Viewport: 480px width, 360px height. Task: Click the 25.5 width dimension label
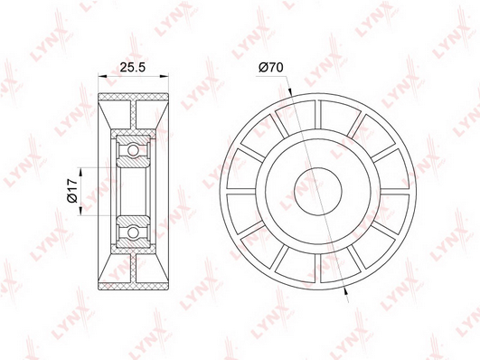pos(132,67)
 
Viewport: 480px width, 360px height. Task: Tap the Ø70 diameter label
pos(271,67)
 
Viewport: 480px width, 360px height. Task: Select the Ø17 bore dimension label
pos(72,191)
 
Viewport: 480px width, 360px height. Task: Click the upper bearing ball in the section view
pos(133,150)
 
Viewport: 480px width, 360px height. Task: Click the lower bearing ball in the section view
pos(133,232)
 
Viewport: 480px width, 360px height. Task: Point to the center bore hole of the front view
pos(318,191)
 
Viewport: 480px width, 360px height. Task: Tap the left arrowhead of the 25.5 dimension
pos(102,76)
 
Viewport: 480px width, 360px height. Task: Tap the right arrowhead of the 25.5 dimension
pos(165,76)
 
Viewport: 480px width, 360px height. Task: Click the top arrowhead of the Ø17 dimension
pos(81,172)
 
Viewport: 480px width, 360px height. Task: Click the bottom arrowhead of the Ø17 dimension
pos(81,211)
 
